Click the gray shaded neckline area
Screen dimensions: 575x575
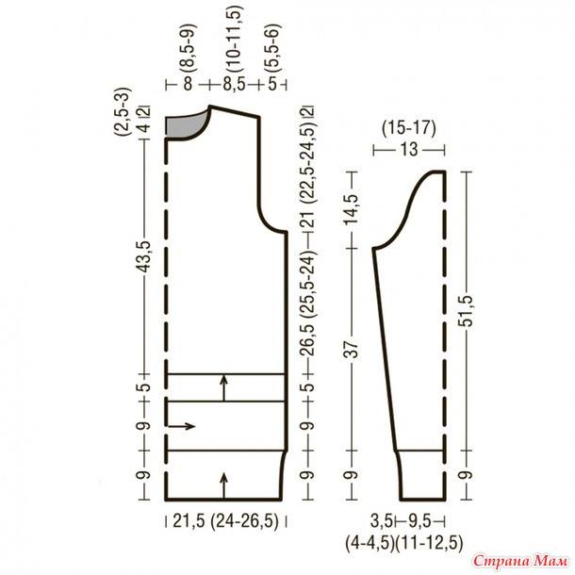pyautogui.click(x=184, y=125)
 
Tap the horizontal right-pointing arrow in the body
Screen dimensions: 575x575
pyautogui.click(x=181, y=426)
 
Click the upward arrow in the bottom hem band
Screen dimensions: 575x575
pyautogui.click(x=224, y=485)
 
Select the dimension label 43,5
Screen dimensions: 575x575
pyautogui.click(x=144, y=257)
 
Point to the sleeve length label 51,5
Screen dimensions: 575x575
pyautogui.click(x=468, y=311)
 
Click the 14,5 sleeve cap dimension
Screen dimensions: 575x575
pyautogui.click(x=352, y=210)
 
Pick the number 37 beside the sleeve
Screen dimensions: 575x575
pyautogui.click(x=352, y=350)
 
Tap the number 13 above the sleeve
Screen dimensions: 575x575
pyautogui.click(x=409, y=150)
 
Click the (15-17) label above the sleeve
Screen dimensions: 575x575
pyautogui.click(x=409, y=129)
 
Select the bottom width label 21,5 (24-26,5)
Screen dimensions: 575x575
pyautogui.click(x=225, y=521)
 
